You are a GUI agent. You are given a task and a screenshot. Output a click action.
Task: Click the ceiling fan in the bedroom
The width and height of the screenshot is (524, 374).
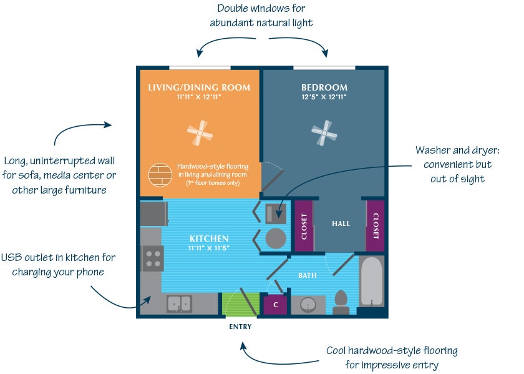click(x=324, y=132)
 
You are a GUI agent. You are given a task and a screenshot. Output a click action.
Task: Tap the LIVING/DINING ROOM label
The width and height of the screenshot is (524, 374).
click(x=199, y=87)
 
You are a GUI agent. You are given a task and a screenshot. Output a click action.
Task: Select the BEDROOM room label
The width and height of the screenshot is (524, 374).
click(x=324, y=87)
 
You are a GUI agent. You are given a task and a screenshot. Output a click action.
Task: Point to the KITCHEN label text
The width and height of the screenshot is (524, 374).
click(x=209, y=239)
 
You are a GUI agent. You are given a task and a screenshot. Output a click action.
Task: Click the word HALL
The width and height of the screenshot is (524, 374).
click(x=341, y=224)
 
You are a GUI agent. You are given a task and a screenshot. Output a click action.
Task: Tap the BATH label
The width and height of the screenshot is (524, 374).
click(x=306, y=275)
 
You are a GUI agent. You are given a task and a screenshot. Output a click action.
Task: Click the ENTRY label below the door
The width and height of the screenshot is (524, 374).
click(x=240, y=327)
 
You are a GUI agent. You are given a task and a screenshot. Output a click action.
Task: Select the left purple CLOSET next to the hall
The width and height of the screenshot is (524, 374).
click(x=304, y=225)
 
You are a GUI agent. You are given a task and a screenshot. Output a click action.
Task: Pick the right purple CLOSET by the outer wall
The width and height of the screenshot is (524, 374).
click(x=376, y=225)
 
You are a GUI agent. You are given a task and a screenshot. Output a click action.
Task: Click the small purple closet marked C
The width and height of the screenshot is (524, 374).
click(x=276, y=305)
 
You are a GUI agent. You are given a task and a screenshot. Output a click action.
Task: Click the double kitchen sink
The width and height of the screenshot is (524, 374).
click(x=179, y=303)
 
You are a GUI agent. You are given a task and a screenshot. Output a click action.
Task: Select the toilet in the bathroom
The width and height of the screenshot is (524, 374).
click(x=341, y=302)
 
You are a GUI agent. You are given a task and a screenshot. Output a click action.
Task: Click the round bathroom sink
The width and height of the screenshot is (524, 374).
click(x=308, y=305)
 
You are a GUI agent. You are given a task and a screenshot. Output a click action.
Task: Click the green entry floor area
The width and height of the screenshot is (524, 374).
click(x=240, y=304)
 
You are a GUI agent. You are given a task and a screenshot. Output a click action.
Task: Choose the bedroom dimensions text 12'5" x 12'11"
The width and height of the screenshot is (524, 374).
click(x=324, y=97)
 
